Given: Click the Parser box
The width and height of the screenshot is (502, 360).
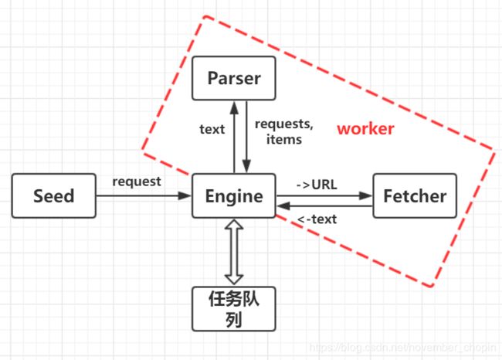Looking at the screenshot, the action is point(234,78).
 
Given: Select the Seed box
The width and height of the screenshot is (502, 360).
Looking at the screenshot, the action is point(54,195).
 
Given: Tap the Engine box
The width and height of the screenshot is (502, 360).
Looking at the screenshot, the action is point(234,195).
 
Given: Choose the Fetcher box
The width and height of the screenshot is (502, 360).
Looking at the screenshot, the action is point(415,195).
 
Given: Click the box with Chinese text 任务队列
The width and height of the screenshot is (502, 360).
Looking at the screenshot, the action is point(234,309).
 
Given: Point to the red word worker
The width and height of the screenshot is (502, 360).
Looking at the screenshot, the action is point(365,129).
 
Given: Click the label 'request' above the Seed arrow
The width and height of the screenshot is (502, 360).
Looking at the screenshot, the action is point(137,182).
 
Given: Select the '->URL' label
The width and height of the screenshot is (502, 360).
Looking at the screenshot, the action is point(317,185).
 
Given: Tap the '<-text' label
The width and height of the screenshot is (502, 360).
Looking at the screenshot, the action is point(317,219).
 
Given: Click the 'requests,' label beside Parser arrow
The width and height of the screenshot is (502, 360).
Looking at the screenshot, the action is point(284,124).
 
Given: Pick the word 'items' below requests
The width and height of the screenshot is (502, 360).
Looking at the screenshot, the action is point(284,139).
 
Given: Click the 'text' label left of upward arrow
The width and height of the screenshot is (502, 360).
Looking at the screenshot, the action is point(212,129).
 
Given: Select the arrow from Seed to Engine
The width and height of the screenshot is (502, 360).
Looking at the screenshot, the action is point(144,195).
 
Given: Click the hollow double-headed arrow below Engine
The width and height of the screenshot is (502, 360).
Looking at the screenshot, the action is point(234,252).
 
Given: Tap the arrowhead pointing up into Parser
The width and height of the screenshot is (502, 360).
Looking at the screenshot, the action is point(234,107).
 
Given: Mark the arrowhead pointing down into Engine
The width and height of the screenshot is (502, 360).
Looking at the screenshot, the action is point(246,166).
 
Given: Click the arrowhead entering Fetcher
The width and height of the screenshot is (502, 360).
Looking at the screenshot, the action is point(366,195).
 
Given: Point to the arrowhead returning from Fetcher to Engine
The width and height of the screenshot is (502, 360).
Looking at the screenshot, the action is point(283,206).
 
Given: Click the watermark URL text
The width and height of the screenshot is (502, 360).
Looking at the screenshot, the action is point(402,348).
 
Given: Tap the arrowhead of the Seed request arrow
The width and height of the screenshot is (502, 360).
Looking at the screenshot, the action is point(185,195).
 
